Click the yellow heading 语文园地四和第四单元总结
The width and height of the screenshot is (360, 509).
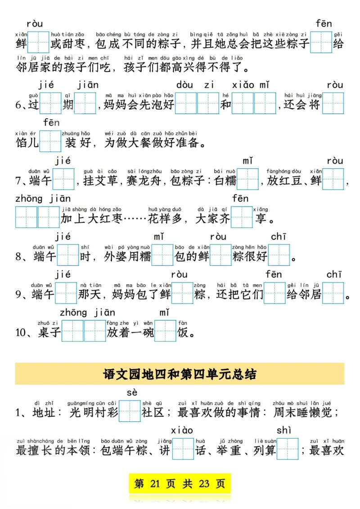click(180, 374)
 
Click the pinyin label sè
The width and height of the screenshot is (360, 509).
click(132, 393)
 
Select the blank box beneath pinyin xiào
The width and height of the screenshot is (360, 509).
click(183, 449)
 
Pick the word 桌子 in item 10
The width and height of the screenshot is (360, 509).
click(49, 333)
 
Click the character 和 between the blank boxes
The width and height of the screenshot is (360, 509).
click(225, 105)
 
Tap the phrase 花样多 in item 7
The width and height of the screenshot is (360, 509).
click(164, 219)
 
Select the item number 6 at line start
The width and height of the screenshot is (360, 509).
click(19, 105)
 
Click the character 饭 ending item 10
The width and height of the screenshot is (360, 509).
click(184, 333)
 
